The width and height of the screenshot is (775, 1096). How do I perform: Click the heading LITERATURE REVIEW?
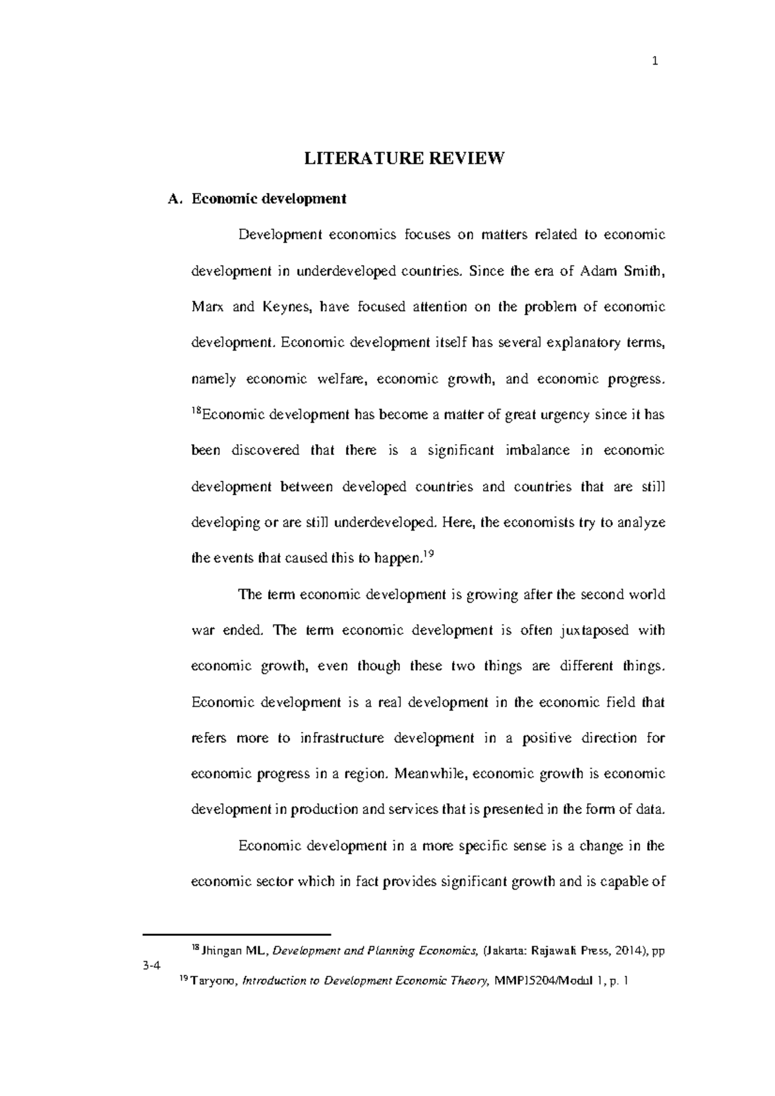[403, 159]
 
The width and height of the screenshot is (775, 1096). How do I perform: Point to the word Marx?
[207, 307]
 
